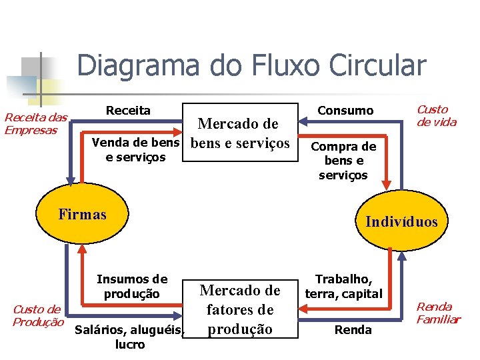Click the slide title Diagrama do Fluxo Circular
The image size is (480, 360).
pyautogui.click(x=251, y=65)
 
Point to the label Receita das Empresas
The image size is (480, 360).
pyautogui.click(x=36, y=123)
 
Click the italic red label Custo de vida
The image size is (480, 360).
pyautogui.click(x=436, y=115)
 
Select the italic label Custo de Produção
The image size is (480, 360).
pyautogui.click(x=37, y=315)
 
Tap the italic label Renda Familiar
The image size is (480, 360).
pyautogui.click(x=438, y=313)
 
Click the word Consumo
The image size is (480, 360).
pyautogui.click(x=345, y=111)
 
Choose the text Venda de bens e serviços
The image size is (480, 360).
pyautogui.click(x=135, y=150)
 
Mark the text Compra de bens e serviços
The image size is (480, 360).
pyautogui.click(x=343, y=161)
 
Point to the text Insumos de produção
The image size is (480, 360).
pyautogui.click(x=132, y=286)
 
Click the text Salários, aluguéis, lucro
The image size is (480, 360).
pyautogui.click(x=129, y=337)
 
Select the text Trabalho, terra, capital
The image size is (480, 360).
pyautogui.click(x=343, y=286)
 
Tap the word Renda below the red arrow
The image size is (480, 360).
pyautogui.click(x=353, y=329)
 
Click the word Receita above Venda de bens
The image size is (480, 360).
pyautogui.click(x=129, y=110)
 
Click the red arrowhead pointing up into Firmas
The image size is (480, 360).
pyautogui.click(x=82, y=248)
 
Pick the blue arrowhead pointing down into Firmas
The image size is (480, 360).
pyautogui.click(x=67, y=179)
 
